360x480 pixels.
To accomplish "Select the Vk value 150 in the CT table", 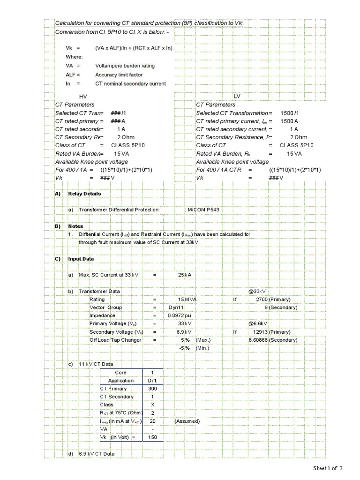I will [153, 437].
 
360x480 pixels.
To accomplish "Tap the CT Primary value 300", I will [153, 389].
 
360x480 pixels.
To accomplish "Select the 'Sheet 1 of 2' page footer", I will [328, 468].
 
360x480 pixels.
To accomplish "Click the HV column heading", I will [84, 96].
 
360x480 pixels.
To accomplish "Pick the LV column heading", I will [237, 96].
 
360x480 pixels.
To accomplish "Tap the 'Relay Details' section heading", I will [84, 194].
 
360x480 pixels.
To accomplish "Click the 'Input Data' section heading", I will [81, 259].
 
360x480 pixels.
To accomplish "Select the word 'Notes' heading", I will [75, 226].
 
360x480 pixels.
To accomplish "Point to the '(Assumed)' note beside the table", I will [187, 421].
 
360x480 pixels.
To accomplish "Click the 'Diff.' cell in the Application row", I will [153, 381].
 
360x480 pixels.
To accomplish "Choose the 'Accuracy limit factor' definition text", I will [119, 75].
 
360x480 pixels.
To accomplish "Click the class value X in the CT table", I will [153, 405].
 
